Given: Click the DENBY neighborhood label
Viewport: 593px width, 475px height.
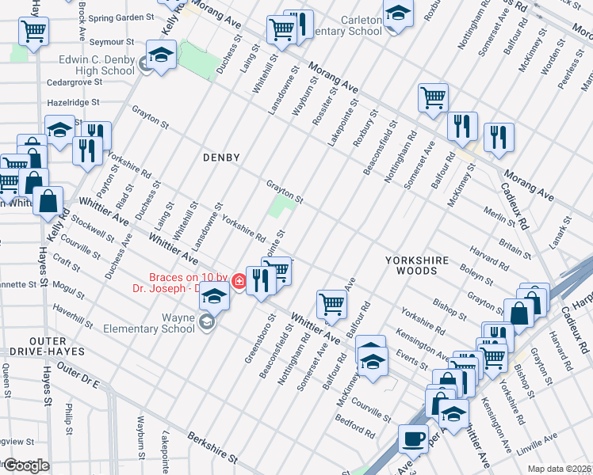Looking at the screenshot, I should tap(220, 158).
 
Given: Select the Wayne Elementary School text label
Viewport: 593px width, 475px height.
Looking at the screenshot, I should tap(155, 322).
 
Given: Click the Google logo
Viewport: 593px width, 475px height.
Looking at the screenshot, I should tap(25, 465).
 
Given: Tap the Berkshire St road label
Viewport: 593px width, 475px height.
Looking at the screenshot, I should tap(212, 447).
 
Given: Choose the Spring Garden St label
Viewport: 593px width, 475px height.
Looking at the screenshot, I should tap(121, 17).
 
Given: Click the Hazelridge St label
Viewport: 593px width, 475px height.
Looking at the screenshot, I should tap(72, 103).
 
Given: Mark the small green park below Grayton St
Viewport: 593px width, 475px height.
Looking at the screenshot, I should tap(280, 209).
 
